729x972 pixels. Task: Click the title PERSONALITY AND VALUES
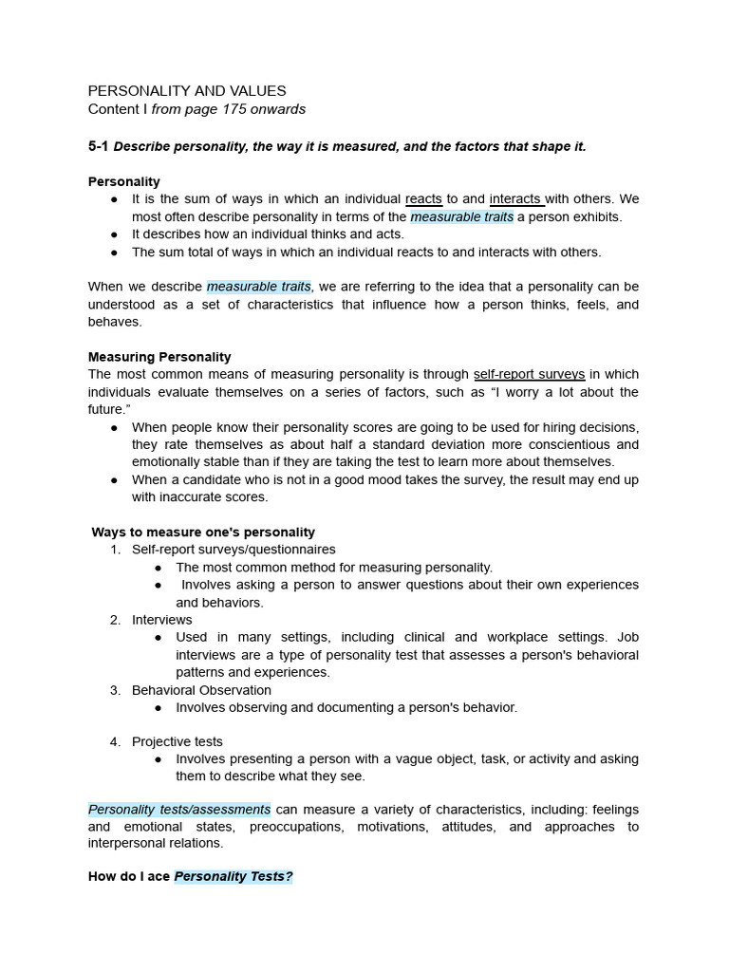(x=187, y=91)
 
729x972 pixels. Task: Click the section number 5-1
(x=99, y=146)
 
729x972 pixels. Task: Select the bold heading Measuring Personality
(x=159, y=357)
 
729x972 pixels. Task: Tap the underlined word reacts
(x=423, y=199)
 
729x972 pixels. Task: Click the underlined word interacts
(x=516, y=199)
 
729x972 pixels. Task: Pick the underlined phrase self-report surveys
(x=529, y=375)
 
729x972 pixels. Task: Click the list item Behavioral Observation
(x=201, y=690)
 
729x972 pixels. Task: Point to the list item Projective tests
(x=178, y=741)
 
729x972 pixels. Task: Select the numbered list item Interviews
(x=161, y=620)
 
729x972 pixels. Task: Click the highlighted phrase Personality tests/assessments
(x=179, y=810)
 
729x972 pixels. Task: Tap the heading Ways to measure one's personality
(x=203, y=533)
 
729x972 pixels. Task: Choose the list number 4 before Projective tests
(x=114, y=741)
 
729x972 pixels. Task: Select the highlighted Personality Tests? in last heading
(x=234, y=877)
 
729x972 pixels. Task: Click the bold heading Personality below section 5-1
(x=124, y=181)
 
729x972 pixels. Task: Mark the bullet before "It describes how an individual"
(x=115, y=234)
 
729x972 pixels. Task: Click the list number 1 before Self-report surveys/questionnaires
(x=114, y=550)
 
